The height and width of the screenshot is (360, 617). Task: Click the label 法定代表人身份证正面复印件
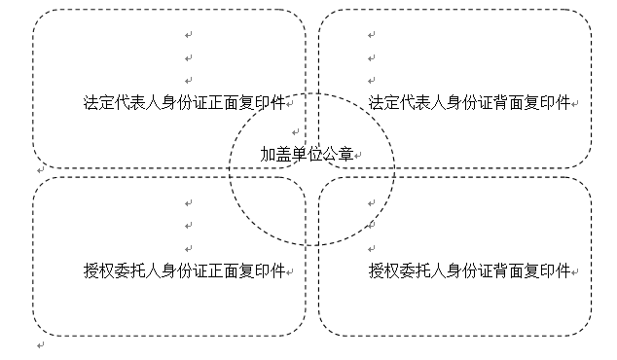tap(184, 103)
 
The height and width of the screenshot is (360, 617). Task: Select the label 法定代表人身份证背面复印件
tap(469, 103)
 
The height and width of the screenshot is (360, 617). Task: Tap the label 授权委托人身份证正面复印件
tap(184, 271)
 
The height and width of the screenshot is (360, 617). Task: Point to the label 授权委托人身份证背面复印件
tap(469, 271)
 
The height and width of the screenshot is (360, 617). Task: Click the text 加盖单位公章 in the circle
tap(307, 155)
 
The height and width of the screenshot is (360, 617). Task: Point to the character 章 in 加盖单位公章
tap(345, 155)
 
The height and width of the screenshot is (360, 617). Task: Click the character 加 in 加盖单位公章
tap(268, 155)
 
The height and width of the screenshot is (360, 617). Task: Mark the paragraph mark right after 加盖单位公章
tap(358, 156)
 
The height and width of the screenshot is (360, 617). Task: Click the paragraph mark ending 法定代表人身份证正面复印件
tap(290, 104)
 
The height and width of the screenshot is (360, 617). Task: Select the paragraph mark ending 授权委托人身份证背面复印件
tap(575, 272)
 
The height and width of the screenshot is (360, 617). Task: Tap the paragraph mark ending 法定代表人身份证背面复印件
tap(575, 104)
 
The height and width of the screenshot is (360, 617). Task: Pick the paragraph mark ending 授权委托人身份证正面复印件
tap(290, 272)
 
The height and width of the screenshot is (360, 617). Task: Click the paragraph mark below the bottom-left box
tap(41, 345)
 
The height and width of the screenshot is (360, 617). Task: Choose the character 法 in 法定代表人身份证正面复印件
tap(91, 103)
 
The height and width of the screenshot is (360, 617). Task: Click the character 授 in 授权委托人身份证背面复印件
tap(377, 271)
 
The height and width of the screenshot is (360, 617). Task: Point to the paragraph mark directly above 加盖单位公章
tap(296, 132)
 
